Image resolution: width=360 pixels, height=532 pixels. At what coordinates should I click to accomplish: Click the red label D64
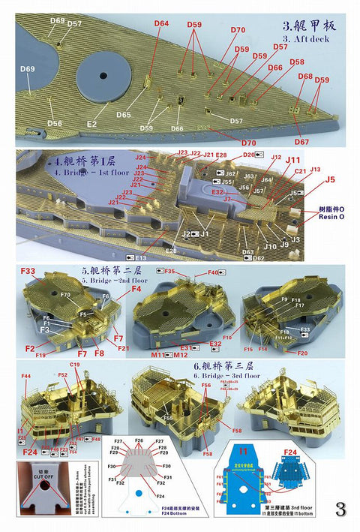pos(161,24)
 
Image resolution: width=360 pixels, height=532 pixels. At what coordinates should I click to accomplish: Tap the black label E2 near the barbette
pos(91,123)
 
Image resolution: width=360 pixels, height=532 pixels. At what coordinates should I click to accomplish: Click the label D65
pos(124,115)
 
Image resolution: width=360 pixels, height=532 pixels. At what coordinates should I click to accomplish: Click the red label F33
pos(28,271)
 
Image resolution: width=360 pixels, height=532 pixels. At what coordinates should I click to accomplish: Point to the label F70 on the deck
pos(65,295)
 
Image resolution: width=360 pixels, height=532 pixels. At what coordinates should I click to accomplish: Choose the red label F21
pos(123,347)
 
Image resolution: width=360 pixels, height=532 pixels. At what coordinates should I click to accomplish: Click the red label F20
pos(302,353)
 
